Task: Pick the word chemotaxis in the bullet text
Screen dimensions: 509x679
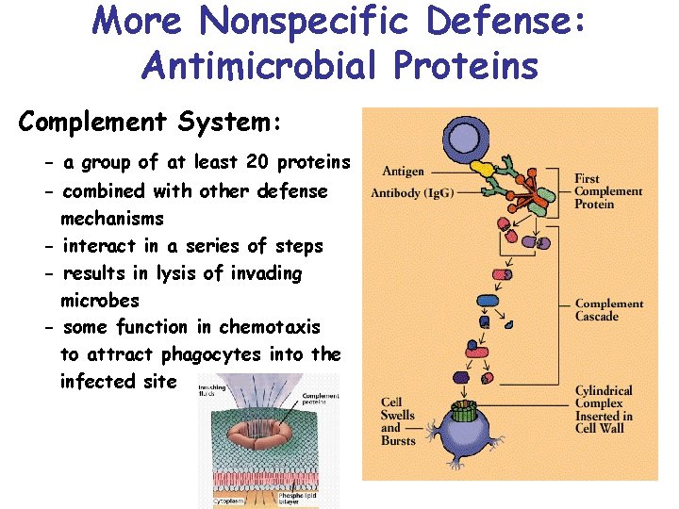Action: [x=270, y=327]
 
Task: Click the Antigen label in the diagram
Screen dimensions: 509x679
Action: [x=403, y=172]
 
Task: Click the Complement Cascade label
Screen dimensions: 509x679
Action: [x=609, y=310]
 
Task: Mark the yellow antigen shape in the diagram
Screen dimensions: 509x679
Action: [x=485, y=169]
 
